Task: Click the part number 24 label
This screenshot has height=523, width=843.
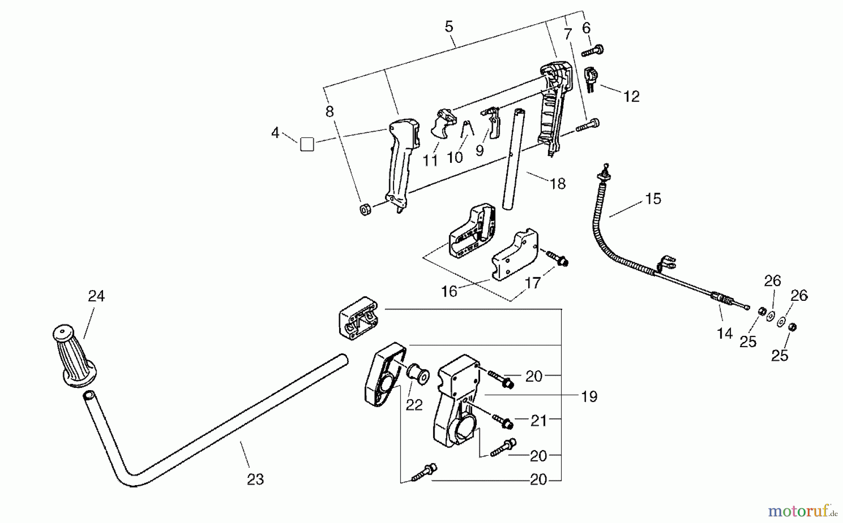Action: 96,296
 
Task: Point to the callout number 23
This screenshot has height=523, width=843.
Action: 255,479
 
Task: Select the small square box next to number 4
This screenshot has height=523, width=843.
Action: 307,144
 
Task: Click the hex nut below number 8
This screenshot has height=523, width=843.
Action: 365,209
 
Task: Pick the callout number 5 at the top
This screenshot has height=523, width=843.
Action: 449,27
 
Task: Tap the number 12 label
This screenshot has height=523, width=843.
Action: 631,96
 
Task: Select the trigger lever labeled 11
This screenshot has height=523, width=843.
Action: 443,123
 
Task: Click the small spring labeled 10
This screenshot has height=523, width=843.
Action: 466,130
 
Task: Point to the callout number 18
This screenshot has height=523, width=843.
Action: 557,184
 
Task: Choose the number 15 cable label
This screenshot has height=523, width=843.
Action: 653,199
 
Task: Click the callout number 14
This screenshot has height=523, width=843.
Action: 725,334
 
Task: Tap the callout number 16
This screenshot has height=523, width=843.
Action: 449,291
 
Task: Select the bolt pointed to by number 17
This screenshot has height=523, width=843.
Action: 557,258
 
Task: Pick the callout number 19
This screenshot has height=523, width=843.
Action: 589,397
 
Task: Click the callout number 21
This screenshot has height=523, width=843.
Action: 539,421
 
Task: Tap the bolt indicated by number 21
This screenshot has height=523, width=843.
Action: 503,423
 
